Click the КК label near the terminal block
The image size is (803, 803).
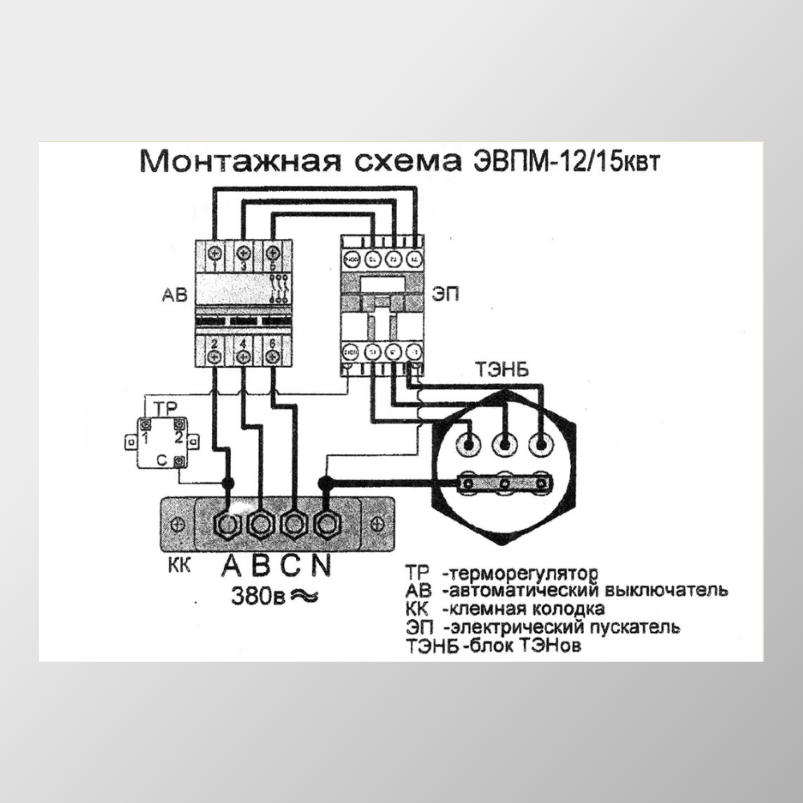click(x=179, y=565)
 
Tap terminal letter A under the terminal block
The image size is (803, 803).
click(x=231, y=565)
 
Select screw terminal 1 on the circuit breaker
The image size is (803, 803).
click(x=215, y=253)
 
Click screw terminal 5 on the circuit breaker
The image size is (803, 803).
click(x=273, y=253)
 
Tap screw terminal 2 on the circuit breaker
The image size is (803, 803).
click(x=215, y=357)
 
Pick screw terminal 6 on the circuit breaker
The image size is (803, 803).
click(x=273, y=357)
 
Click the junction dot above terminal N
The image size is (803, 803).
click(x=325, y=482)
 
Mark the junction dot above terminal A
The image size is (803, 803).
click(x=227, y=482)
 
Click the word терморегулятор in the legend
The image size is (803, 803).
click(x=520, y=574)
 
